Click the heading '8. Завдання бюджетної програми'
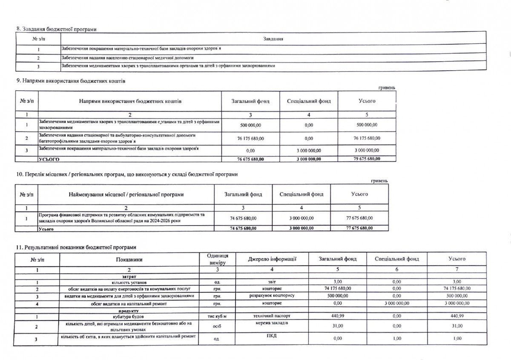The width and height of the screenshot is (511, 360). pos(56,29)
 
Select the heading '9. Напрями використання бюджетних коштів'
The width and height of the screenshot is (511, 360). pos(71,80)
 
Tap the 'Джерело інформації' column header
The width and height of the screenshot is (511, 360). pos(272,259)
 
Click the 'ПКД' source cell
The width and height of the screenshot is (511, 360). pos(273,336)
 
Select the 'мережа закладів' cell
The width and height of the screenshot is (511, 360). pos(272,324)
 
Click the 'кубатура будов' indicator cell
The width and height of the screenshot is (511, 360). pos(128,317)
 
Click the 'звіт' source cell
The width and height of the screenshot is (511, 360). pos(272,281)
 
